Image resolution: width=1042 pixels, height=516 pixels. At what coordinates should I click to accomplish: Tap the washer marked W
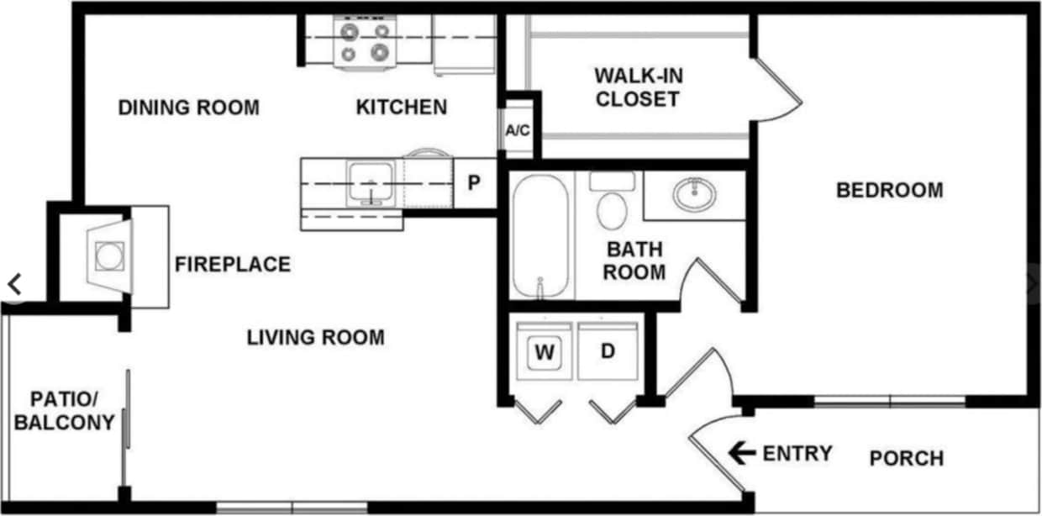pos(545,352)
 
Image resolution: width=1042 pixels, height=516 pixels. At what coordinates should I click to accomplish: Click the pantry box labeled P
pos(474,182)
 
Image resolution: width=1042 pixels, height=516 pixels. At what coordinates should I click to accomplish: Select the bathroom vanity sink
pos(694,195)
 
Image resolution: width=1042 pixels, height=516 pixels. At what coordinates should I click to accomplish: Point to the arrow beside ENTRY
pos(741,454)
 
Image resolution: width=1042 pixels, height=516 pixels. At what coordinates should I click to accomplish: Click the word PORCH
pos(906,458)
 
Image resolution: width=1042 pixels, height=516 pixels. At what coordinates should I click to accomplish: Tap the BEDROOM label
pos(889,190)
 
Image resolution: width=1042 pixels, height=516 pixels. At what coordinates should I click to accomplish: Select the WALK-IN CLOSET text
pos(637,87)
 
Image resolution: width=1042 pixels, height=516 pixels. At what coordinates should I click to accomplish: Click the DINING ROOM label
pos(188,108)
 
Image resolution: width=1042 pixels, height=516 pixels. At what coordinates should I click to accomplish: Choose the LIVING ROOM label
pos(315,338)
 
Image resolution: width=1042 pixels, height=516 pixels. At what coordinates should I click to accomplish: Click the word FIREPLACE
pos(233,265)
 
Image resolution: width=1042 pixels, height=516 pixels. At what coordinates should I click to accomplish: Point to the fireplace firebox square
pos(109,255)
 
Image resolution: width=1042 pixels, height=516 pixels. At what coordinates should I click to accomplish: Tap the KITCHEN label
pos(402,108)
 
